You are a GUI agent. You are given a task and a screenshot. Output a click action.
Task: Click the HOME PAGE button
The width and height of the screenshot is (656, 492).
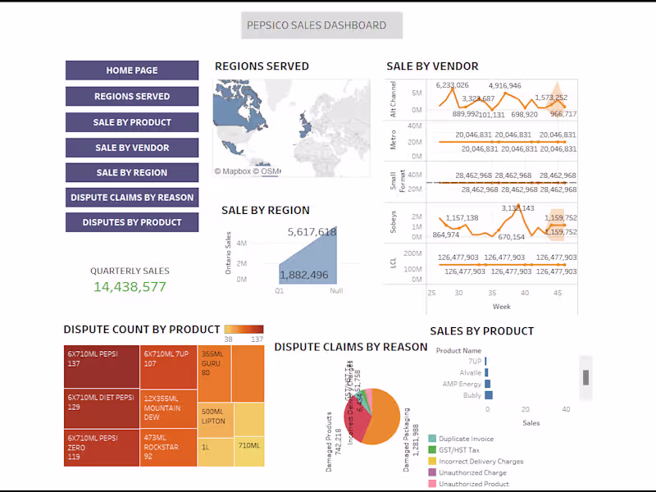pyautogui.click(x=131, y=71)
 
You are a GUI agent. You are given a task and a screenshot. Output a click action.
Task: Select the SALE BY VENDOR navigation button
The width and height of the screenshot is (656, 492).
pyautogui.click(x=131, y=148)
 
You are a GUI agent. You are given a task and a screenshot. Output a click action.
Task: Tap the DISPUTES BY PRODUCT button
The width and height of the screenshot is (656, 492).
pyautogui.click(x=131, y=222)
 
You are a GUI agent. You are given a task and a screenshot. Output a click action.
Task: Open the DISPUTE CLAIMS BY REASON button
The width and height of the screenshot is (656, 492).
pyautogui.click(x=131, y=198)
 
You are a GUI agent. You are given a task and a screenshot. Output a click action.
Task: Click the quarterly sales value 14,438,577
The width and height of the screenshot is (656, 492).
pyautogui.click(x=130, y=287)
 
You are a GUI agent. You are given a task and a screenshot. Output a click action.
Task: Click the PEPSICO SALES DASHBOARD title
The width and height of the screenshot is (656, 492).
pyautogui.click(x=317, y=25)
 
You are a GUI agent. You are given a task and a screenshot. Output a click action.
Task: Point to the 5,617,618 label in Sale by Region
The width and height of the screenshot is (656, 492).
pyautogui.click(x=312, y=232)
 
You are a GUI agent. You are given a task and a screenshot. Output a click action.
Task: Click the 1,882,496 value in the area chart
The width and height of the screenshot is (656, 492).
pyautogui.click(x=303, y=275)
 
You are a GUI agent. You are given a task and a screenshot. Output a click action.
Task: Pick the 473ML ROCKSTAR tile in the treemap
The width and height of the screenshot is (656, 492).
pyautogui.click(x=168, y=448)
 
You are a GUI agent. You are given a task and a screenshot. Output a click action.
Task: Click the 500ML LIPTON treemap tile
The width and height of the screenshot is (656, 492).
pyautogui.click(x=213, y=417)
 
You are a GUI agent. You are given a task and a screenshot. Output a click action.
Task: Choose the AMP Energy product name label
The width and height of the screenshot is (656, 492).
pyautogui.click(x=462, y=384)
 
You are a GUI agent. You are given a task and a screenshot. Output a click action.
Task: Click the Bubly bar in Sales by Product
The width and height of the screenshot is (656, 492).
pyautogui.click(x=489, y=395)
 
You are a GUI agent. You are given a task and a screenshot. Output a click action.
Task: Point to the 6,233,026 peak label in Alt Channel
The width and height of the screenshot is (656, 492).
pyautogui.click(x=452, y=85)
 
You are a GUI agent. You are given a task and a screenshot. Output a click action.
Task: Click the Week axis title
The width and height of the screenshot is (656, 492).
pyautogui.click(x=502, y=306)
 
